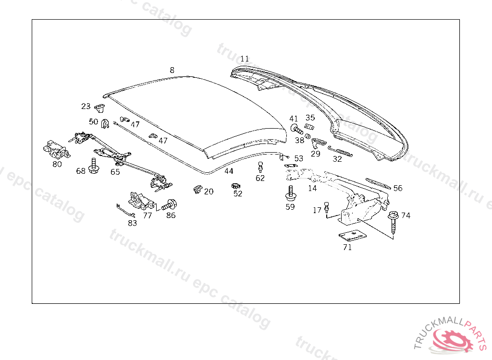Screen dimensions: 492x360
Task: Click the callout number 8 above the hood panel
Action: (172, 70)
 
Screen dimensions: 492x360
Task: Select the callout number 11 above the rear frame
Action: (245, 59)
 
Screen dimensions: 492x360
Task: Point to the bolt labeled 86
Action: (170, 205)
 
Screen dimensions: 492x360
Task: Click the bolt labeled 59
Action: (290, 193)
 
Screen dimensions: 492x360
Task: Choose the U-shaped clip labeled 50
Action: (105, 125)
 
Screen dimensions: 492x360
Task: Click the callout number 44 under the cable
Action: (229, 171)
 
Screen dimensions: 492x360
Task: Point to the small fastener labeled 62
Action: (260, 167)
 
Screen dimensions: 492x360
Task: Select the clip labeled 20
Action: (197, 189)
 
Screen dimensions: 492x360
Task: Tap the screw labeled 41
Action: (296, 129)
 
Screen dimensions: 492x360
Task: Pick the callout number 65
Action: (115, 171)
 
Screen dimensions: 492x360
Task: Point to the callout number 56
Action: (398, 188)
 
